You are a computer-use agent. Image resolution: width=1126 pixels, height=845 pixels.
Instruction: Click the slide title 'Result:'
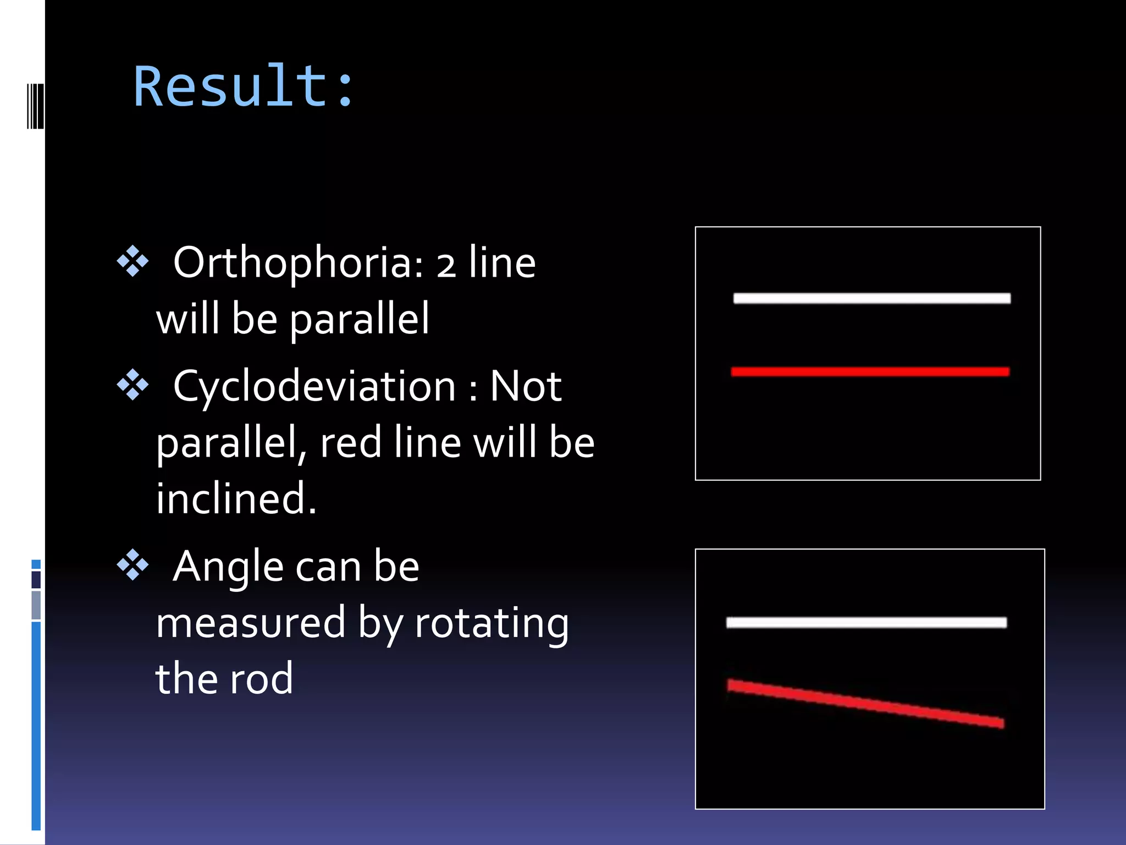[244, 86]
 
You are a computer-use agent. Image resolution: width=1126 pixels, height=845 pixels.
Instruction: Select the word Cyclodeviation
[314, 387]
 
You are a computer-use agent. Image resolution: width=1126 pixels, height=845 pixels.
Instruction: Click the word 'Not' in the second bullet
[525, 387]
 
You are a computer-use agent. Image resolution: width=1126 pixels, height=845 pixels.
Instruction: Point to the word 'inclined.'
[236, 498]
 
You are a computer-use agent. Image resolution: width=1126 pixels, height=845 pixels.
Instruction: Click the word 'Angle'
[228, 568]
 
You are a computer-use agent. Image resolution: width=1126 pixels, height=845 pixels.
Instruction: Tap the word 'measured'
[251, 624]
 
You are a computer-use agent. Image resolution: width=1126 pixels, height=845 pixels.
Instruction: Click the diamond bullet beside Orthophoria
[133, 261]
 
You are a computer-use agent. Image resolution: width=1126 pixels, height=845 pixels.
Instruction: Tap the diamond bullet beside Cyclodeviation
[133, 385]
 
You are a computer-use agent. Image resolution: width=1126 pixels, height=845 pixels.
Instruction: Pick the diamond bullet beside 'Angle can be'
[133, 565]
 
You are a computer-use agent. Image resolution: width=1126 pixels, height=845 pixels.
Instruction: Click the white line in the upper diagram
[871, 298]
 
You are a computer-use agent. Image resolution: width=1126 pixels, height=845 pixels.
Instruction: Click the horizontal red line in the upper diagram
[870, 372]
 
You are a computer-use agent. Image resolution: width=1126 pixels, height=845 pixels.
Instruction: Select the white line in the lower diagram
[866, 622]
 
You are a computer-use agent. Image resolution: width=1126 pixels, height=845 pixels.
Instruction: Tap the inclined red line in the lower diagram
[866, 704]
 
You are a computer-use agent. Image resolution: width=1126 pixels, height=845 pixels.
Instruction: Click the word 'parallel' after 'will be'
[359, 320]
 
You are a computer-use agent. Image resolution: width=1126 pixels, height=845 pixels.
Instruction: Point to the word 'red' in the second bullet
[351, 443]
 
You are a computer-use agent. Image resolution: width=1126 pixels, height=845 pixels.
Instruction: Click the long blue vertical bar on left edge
[36, 725]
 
